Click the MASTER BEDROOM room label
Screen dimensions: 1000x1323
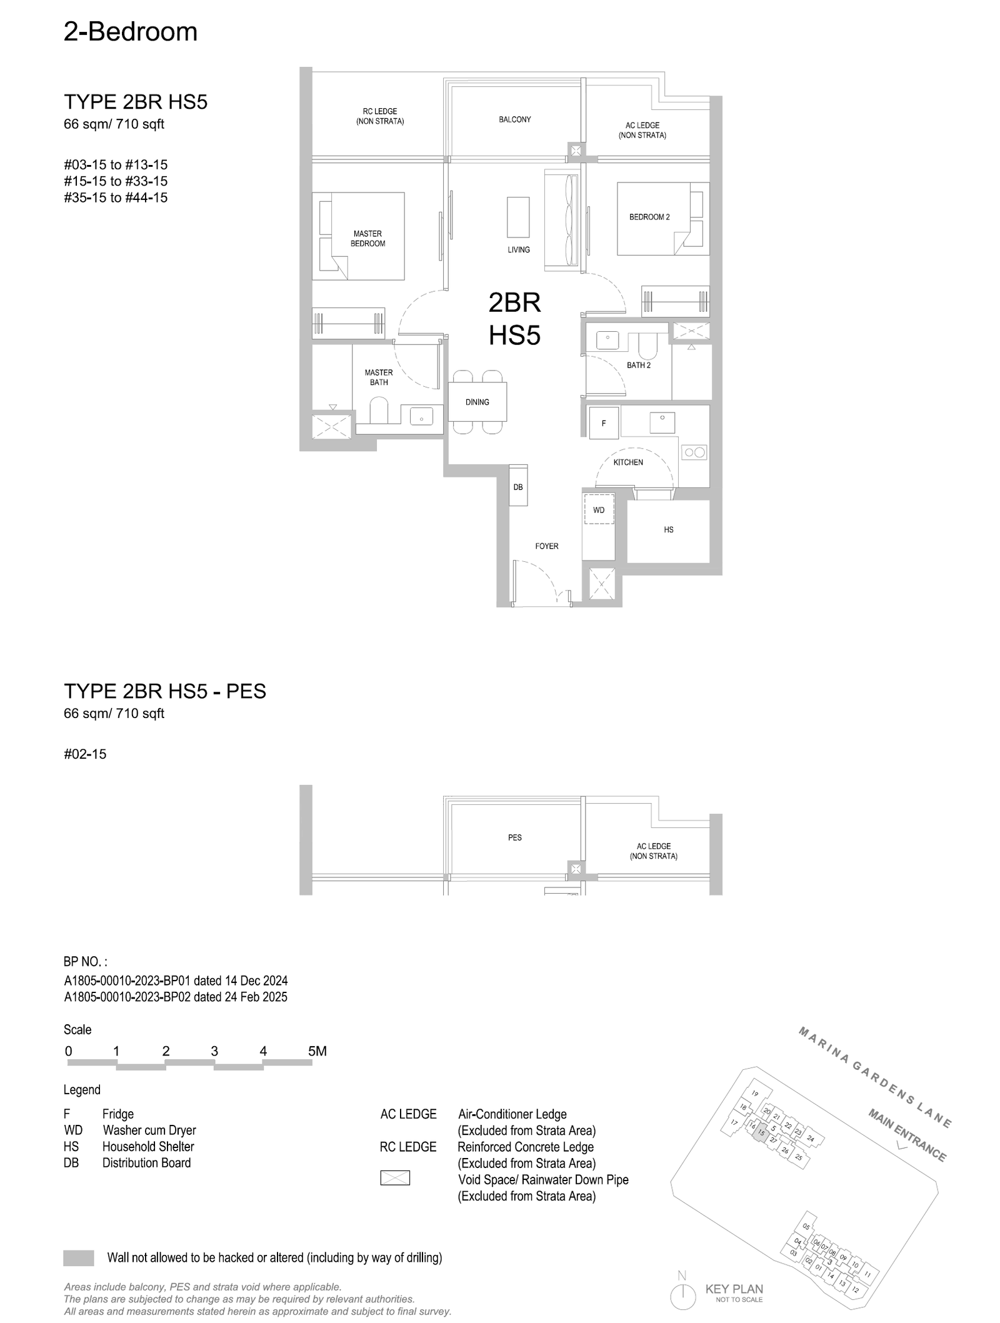pyautogui.click(x=367, y=239)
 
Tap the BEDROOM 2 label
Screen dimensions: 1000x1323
pyautogui.click(x=649, y=217)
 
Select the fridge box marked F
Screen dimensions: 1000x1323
pyautogui.click(x=604, y=423)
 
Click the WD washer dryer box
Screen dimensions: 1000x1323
pyautogui.click(x=599, y=510)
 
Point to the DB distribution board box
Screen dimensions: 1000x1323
pyautogui.click(x=518, y=485)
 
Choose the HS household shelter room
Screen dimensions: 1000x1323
pyautogui.click(x=668, y=530)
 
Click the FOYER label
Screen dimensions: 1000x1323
pyautogui.click(x=547, y=546)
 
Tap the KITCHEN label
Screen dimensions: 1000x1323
pyautogui.click(x=628, y=462)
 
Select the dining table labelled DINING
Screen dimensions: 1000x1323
pyautogui.click(x=477, y=401)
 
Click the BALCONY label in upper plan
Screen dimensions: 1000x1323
pyautogui.click(x=515, y=119)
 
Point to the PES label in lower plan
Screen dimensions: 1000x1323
pyautogui.click(x=515, y=837)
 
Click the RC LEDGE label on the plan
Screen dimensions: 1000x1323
pyautogui.click(x=380, y=116)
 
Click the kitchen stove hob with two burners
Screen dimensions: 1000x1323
pyautogui.click(x=694, y=452)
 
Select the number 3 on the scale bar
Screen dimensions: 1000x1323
pyautogui.click(x=214, y=1051)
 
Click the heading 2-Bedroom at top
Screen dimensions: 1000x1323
pyautogui.click(x=131, y=31)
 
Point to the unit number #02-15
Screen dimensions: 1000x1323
pyautogui.click(x=85, y=754)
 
